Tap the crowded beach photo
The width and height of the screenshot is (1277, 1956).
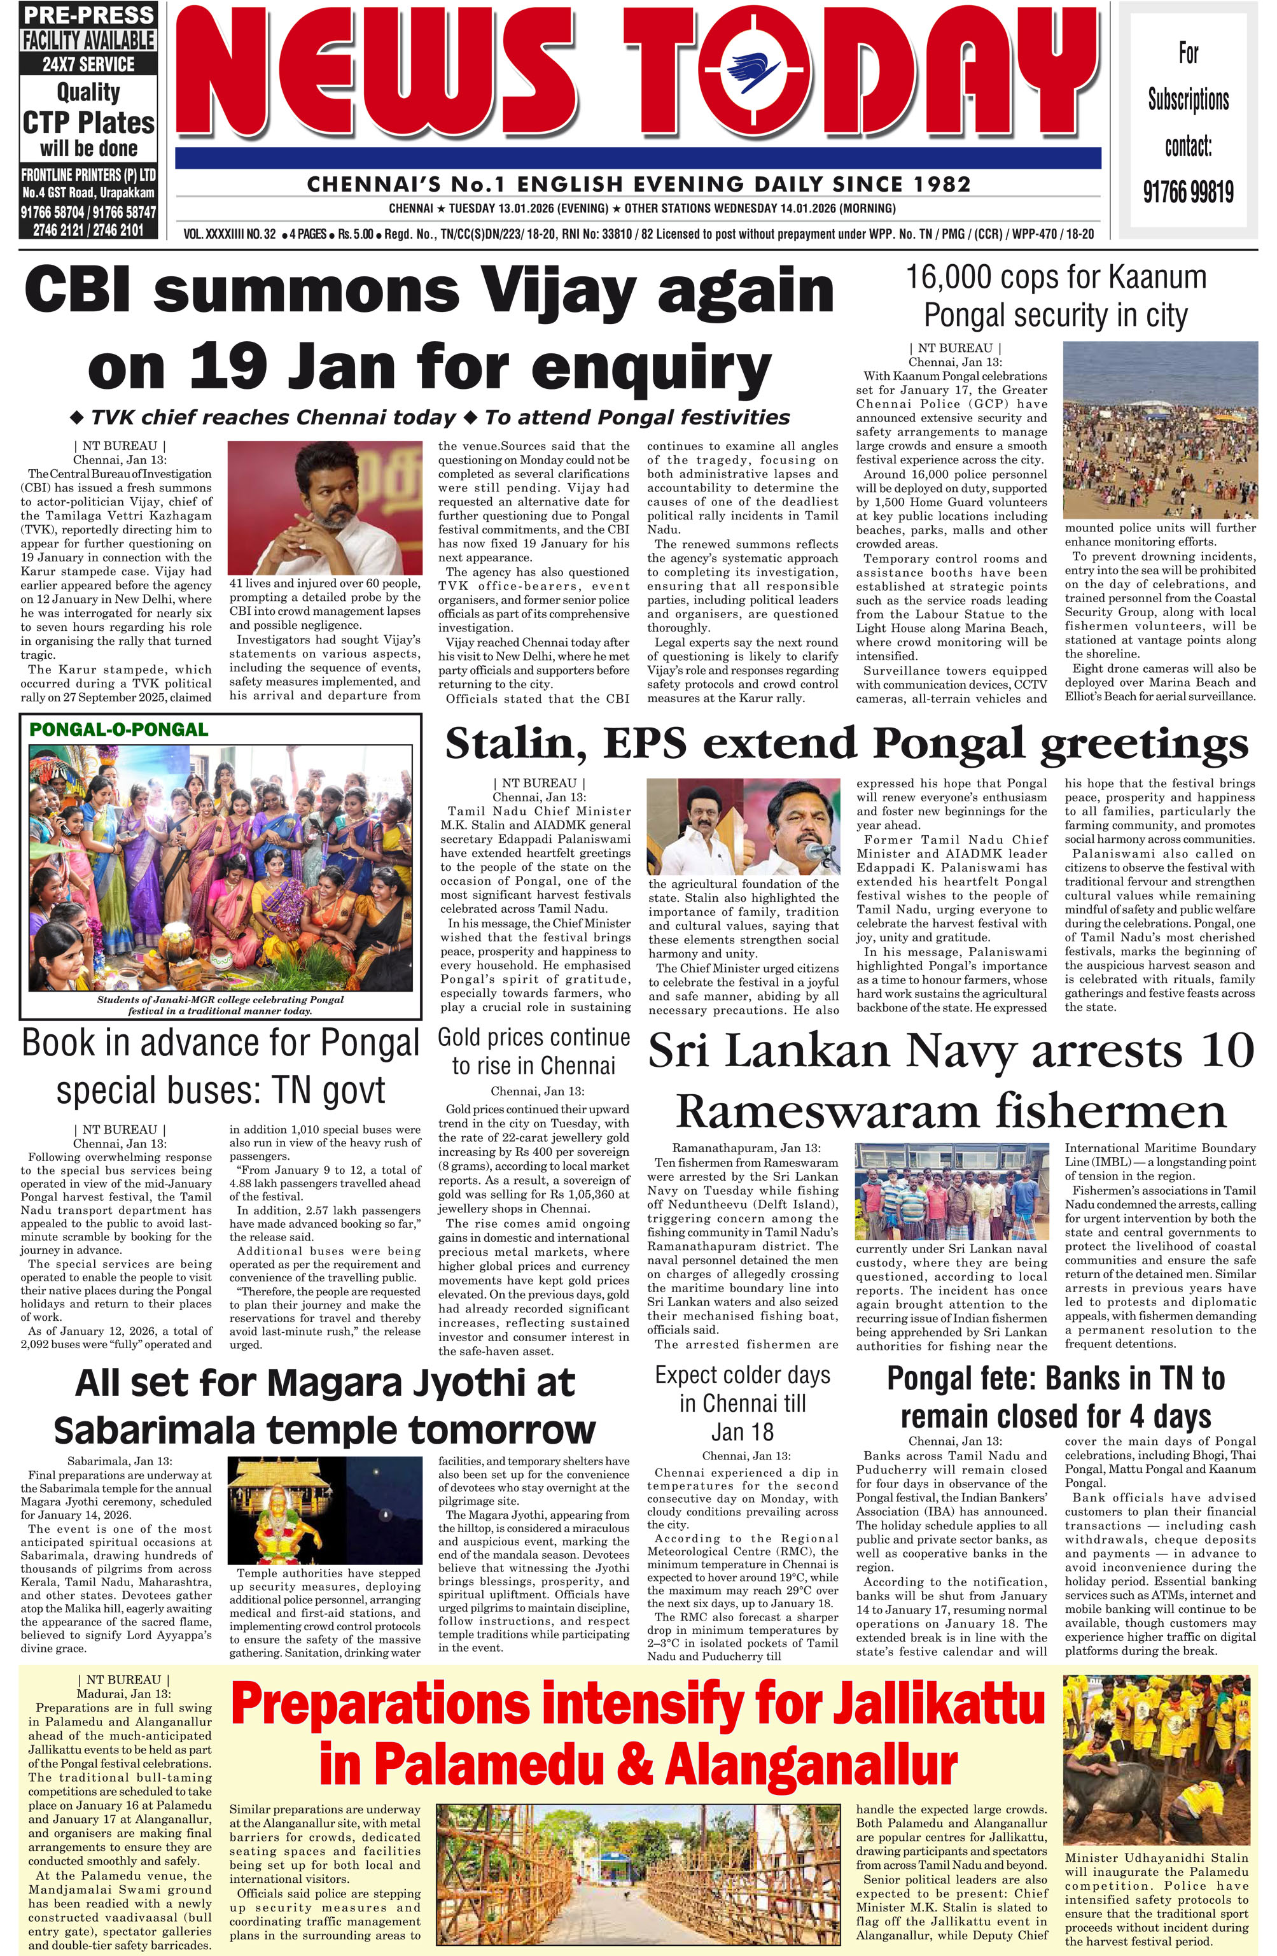coord(1159,429)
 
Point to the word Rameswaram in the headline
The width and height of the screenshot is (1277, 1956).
coord(828,1112)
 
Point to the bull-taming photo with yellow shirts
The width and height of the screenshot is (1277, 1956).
coord(1155,1759)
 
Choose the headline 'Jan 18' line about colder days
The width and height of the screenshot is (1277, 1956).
coord(742,1432)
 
